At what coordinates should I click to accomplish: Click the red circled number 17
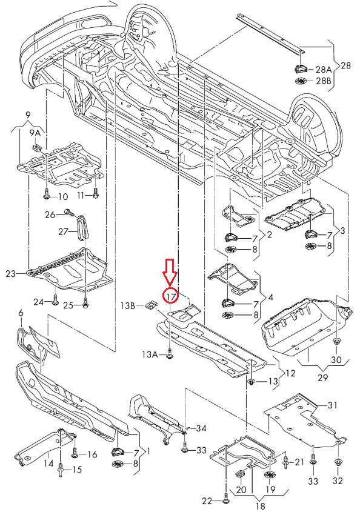pos(171,296)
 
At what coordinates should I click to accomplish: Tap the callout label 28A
pos(324,69)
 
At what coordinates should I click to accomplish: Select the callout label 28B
pos(324,81)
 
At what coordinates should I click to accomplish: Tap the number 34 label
pos(201,428)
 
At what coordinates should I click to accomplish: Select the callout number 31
pos(332,405)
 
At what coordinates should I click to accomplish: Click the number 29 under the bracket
pos(321,377)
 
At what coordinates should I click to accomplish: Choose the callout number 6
pos(21,313)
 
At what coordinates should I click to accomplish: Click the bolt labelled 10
pos(47,196)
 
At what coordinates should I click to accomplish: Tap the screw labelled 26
pos(66,213)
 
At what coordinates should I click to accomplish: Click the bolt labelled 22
pos(226,500)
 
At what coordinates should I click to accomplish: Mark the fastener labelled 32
pos(338,464)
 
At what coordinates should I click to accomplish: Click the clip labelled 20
pos(241,474)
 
